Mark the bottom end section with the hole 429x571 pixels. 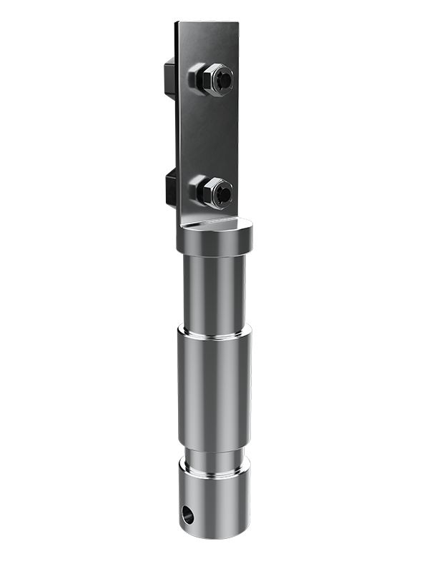(214, 500)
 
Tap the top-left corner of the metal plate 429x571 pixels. (177, 24)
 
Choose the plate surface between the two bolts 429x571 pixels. (207, 136)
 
